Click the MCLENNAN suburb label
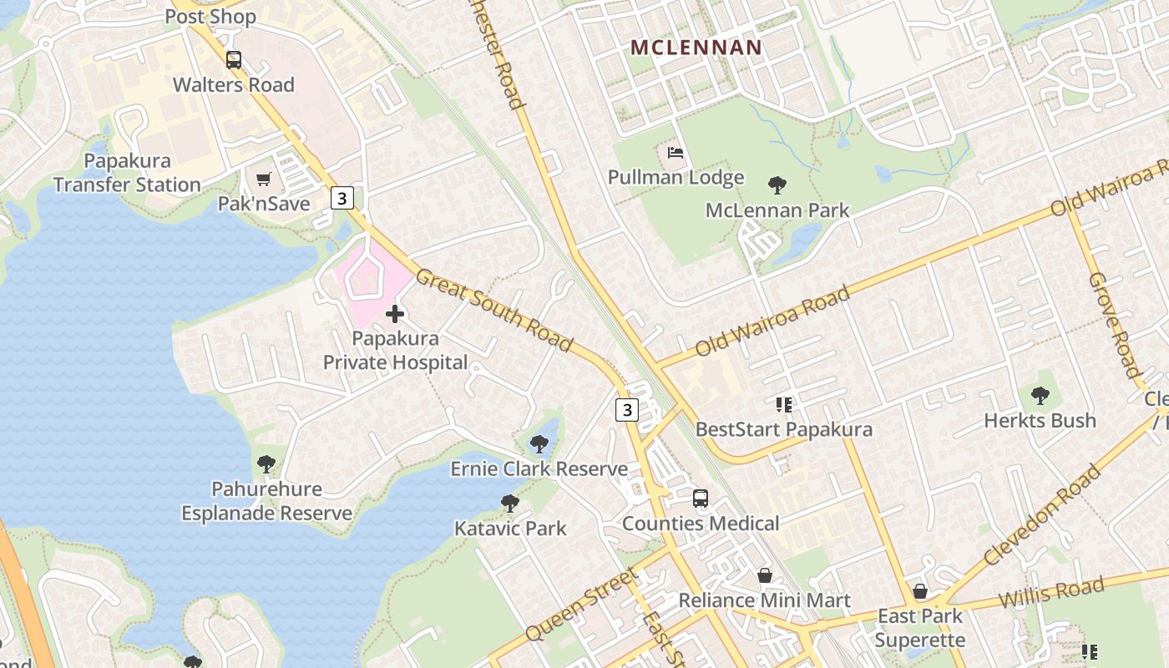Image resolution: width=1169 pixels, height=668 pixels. point(696,48)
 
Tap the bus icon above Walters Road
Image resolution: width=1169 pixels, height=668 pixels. point(234,60)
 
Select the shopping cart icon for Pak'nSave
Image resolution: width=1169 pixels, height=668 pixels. point(264,179)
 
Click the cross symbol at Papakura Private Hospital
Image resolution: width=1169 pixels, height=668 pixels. point(395,314)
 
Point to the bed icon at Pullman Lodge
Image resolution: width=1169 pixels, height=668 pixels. point(676,153)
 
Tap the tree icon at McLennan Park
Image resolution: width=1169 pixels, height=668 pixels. point(777,185)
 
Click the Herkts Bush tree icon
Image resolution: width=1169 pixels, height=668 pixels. point(1040,395)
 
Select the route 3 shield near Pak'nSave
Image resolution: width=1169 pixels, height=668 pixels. point(342,198)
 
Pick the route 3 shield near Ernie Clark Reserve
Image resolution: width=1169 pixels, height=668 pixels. point(627,409)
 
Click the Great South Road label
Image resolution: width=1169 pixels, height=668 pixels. point(494,310)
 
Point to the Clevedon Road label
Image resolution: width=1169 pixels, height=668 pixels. point(1042,515)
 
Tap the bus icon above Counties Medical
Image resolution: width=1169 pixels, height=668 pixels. point(701,498)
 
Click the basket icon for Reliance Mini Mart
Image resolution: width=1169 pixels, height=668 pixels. point(764,575)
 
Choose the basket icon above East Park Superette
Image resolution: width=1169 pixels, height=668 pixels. point(920,591)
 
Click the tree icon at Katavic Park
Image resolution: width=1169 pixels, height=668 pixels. point(510,504)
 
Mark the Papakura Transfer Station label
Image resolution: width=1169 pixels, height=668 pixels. point(127,173)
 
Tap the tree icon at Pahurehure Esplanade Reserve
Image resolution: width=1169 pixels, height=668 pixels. point(266,463)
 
